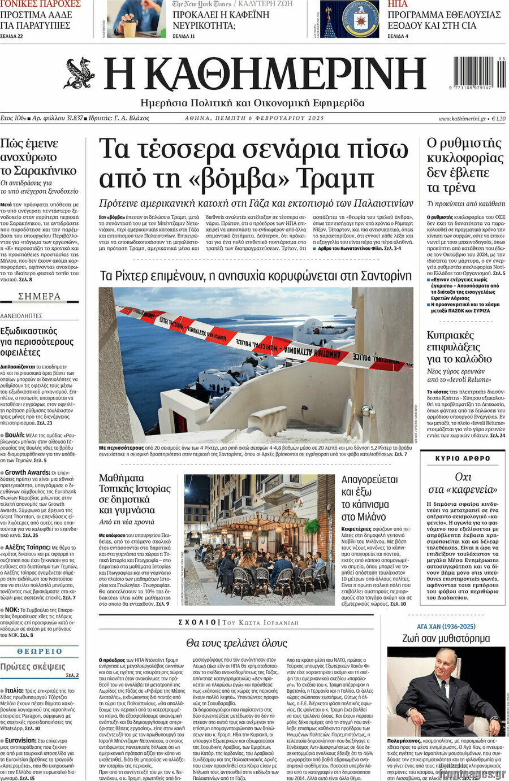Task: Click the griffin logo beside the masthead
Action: click(x=79, y=74)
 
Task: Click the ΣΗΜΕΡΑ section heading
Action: click(x=39, y=296)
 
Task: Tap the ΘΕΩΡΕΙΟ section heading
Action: click(x=39, y=651)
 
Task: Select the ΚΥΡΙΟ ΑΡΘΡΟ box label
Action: click(x=463, y=458)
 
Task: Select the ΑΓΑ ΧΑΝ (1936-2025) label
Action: click(x=446, y=627)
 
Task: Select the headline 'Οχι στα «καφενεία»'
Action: click(x=463, y=483)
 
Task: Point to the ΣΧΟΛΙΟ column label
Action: click(x=196, y=622)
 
